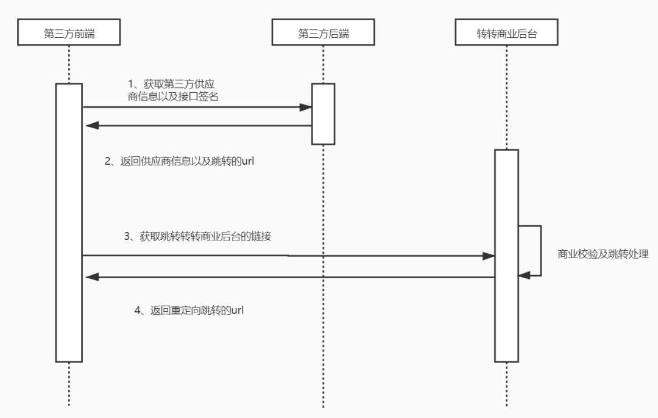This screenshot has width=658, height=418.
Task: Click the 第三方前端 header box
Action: pyautogui.click(x=69, y=34)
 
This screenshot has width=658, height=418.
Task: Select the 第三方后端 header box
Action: pyautogui.click(x=323, y=34)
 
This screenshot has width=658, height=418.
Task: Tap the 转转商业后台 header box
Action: pyautogui.click(x=506, y=34)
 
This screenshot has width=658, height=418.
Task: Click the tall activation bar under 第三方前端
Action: pyautogui.click(x=69, y=222)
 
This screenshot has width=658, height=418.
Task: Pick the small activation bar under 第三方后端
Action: pyautogui.click(x=323, y=114)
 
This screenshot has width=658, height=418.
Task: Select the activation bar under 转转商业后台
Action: pyautogui.click(x=506, y=255)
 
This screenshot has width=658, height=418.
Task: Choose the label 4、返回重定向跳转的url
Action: pyautogui.click(x=189, y=310)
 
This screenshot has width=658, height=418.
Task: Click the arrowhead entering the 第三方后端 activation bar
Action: pyautogui.click(x=306, y=107)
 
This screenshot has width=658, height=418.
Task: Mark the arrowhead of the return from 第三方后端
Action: pyautogui.click(x=92, y=126)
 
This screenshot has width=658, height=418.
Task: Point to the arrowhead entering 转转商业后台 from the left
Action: pyautogui.click(x=488, y=256)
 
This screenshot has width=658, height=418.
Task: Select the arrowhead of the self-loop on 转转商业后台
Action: pyautogui.click(x=525, y=276)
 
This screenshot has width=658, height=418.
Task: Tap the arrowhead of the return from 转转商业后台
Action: pyautogui.click(x=92, y=277)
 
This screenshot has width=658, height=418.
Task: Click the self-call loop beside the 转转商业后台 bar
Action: pyautogui.click(x=540, y=250)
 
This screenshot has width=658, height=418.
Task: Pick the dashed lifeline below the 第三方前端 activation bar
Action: pyautogui.click(x=69, y=384)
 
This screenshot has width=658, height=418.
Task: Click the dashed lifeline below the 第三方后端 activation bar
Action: pyautogui.click(x=323, y=275)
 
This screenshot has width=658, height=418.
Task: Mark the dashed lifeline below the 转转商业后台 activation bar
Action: pyautogui.click(x=506, y=384)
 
